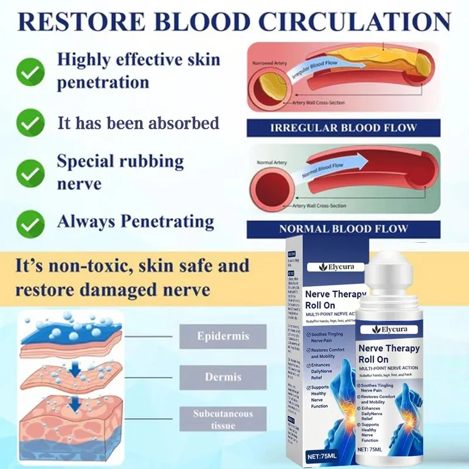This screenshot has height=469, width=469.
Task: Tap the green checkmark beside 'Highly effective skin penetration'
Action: [29, 73]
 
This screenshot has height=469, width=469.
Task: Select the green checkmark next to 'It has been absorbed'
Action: [29, 123]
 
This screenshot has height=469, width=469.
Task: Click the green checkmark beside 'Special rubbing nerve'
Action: [29, 172]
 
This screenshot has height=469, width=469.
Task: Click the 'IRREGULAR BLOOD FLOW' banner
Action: [343, 128]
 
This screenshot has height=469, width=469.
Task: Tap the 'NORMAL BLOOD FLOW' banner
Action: [343, 229]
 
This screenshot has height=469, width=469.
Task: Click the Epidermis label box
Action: [222, 337]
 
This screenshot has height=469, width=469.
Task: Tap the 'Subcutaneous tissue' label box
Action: [222, 418]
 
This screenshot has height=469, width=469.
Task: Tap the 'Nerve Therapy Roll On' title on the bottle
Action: [390, 354]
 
